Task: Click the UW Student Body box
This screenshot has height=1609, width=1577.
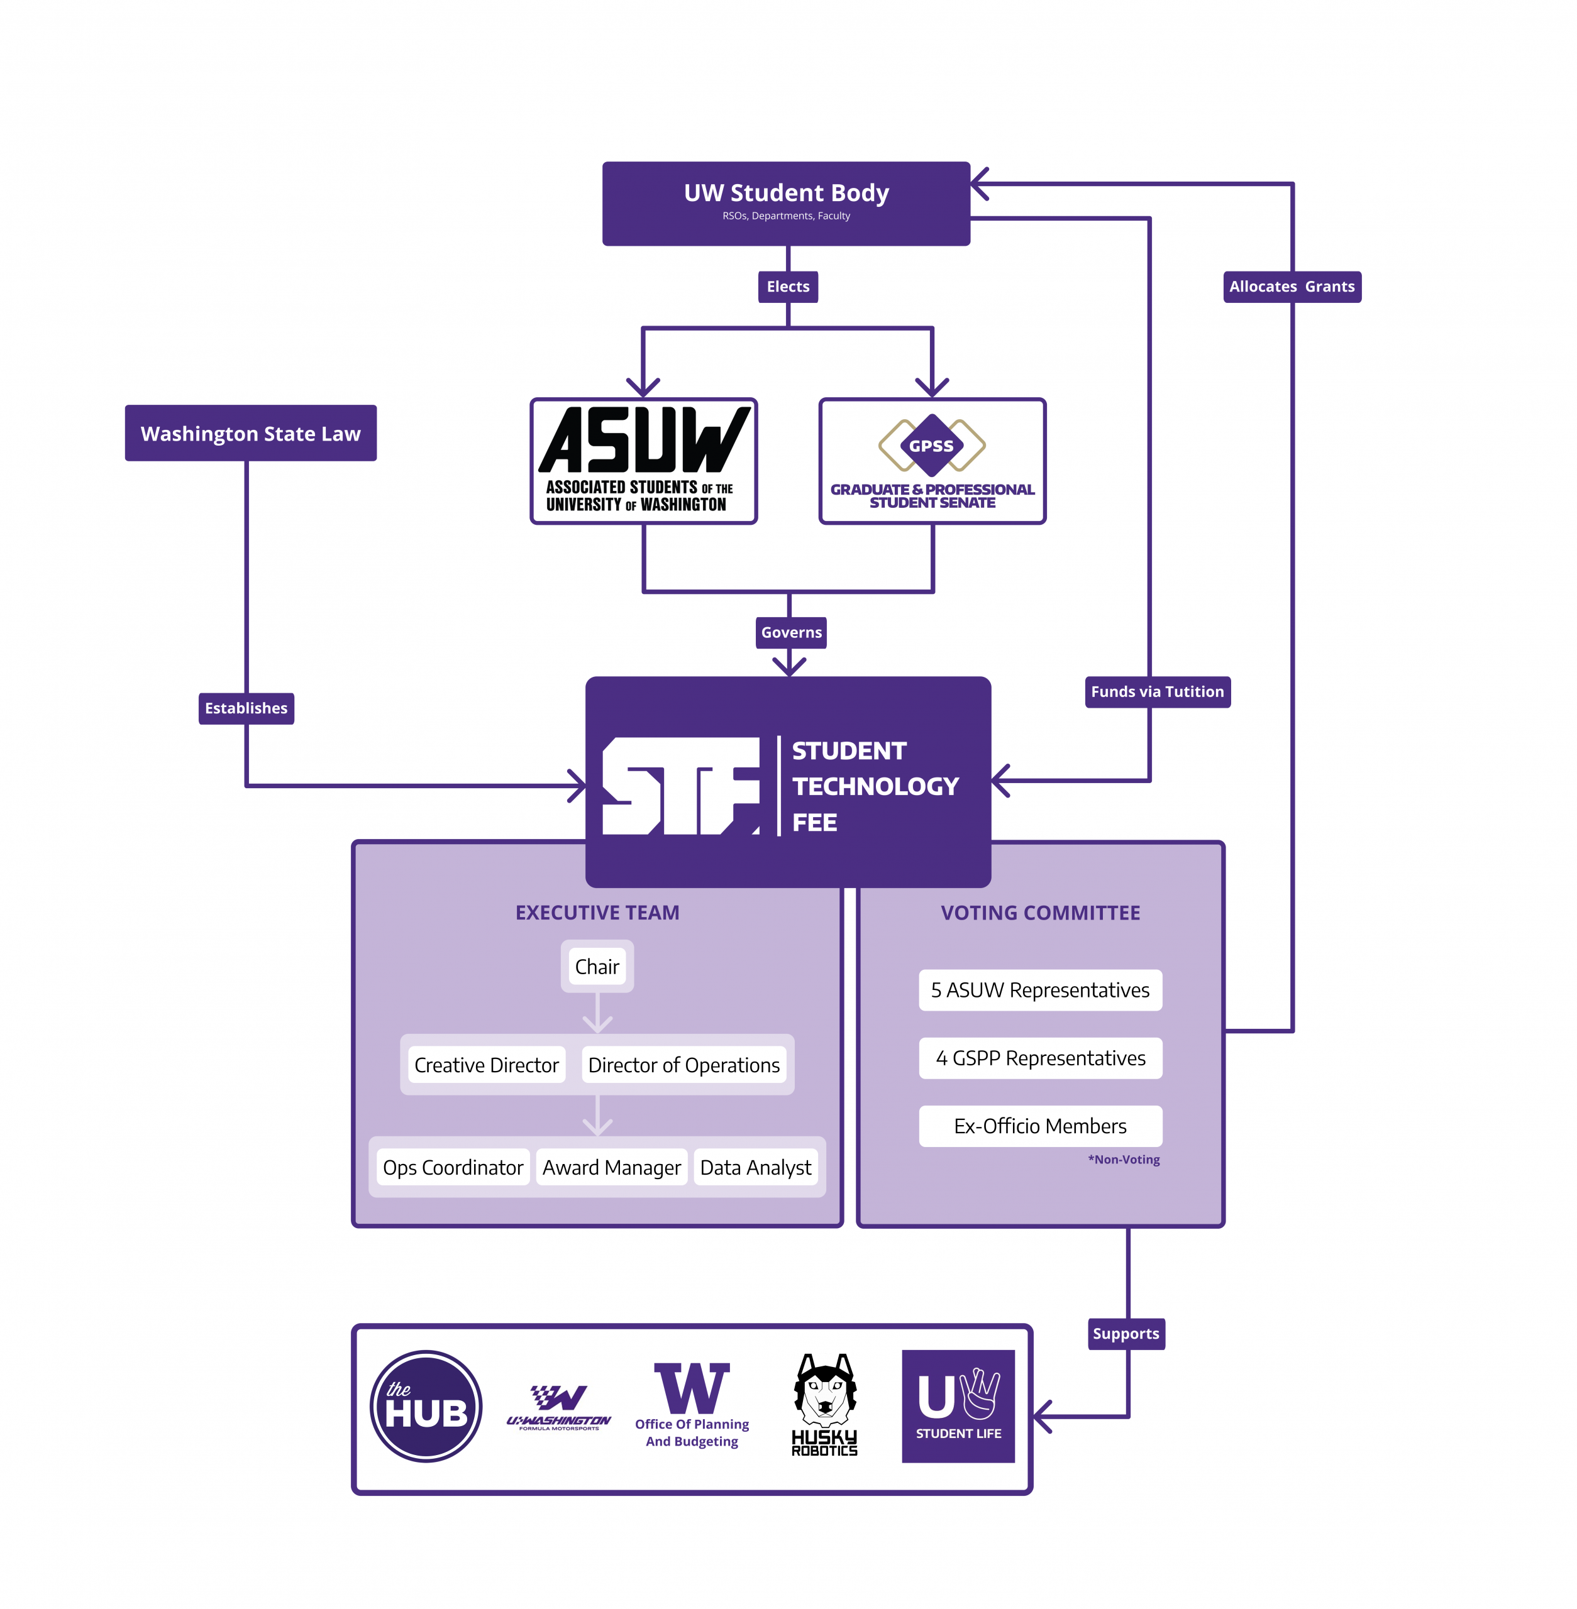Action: tap(786, 204)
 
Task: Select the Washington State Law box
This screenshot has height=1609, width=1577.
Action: tap(251, 433)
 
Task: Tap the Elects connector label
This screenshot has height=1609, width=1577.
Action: tap(788, 287)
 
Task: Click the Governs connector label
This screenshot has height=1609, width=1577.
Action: tap(792, 633)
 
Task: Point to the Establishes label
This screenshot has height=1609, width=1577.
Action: tap(246, 709)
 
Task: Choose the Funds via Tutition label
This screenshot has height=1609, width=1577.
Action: tap(1158, 692)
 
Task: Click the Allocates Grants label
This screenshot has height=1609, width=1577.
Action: tap(1292, 287)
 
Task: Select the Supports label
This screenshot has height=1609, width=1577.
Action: tap(1126, 1334)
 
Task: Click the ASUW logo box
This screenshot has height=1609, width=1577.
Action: tap(643, 461)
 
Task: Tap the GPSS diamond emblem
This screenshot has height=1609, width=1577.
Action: tap(932, 445)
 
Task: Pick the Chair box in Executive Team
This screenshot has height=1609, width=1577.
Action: tap(597, 967)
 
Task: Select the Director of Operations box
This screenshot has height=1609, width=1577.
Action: tap(684, 1065)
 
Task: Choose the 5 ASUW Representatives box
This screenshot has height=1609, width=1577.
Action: tap(1040, 991)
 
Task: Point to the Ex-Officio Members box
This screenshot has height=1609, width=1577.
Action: tap(1040, 1126)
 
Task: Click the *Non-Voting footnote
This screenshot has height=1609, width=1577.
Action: tap(1124, 1160)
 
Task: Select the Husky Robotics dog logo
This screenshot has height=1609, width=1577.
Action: tap(824, 1405)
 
